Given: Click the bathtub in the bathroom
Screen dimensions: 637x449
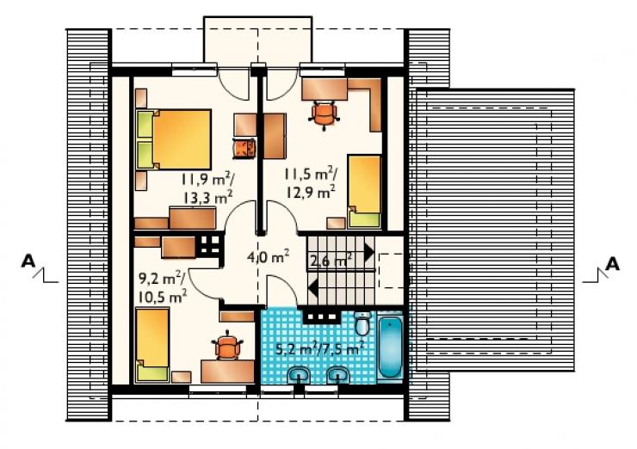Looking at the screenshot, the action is click(390, 348).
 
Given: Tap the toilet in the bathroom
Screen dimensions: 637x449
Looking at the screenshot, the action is click(362, 323).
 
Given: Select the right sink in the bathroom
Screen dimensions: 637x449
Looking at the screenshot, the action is click(338, 376).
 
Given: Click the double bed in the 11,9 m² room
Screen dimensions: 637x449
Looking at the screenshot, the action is click(174, 139).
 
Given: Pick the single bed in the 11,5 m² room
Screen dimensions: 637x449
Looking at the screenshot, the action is click(364, 191).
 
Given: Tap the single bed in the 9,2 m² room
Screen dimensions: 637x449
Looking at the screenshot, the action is click(152, 345).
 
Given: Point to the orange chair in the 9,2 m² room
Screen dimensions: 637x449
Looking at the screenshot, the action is click(227, 346).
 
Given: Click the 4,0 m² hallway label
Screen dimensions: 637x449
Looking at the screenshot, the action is click(268, 256).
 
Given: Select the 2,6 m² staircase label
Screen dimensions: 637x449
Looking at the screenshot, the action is click(331, 261).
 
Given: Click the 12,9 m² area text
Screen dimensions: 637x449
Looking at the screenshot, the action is click(311, 191).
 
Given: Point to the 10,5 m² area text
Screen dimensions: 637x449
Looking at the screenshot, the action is click(163, 297).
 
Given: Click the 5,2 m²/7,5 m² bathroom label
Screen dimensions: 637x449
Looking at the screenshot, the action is click(318, 348).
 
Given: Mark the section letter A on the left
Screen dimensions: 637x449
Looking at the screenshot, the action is click(28, 261).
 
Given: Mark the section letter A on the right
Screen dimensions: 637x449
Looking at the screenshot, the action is click(612, 264).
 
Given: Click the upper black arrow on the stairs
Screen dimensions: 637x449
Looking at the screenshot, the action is click(369, 253).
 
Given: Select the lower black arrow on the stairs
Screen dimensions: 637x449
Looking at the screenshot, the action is click(312, 288).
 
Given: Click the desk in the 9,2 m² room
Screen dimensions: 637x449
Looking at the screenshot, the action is click(227, 371).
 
